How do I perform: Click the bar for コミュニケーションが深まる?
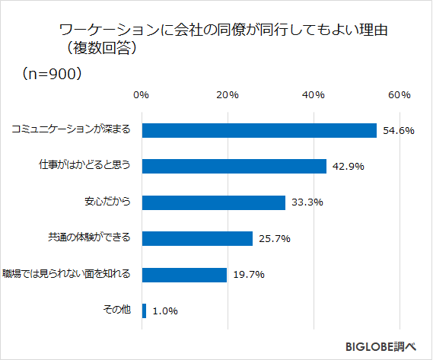coord(259,130)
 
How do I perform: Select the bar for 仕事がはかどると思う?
coord(234,166)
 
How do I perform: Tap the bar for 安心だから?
coord(213,202)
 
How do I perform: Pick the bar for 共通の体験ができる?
coord(197,238)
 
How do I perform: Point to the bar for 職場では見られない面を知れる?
coord(184,274)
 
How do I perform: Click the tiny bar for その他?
coord(144,311)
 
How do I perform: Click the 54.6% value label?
coord(398,130)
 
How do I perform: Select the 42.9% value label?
coord(348,166)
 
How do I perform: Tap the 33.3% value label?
coord(307,202)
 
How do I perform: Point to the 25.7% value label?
coord(274,238)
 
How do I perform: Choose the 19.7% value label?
coord(248,274)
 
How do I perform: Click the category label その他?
coord(117,310)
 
